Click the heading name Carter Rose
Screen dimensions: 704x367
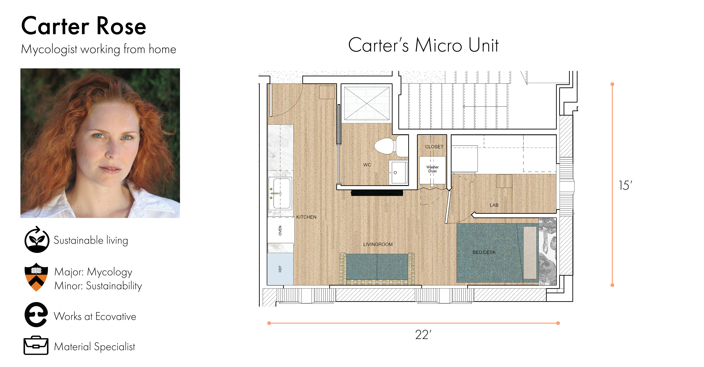click(x=84, y=26)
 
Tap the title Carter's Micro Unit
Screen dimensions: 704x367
click(x=423, y=45)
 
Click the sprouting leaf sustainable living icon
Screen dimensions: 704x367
click(x=37, y=239)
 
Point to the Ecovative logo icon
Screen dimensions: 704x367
click(x=36, y=315)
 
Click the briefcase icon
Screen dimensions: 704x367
click(x=36, y=345)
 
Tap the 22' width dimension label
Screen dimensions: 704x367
click(x=423, y=335)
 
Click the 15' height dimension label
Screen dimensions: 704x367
click(x=626, y=185)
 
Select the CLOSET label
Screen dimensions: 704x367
click(x=434, y=147)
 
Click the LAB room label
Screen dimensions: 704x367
click(x=494, y=205)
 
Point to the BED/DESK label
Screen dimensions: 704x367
click(x=484, y=252)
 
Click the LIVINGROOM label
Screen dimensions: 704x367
click(x=378, y=244)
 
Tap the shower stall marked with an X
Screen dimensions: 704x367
click(x=366, y=103)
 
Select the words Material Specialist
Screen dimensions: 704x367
click(x=95, y=346)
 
